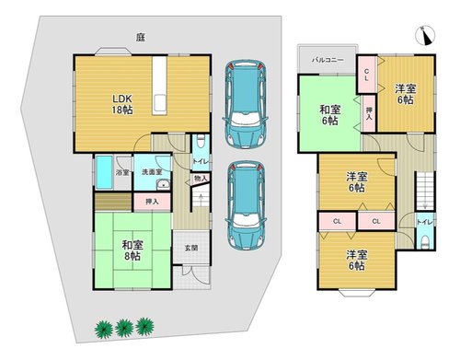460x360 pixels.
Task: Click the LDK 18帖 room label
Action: click(x=122, y=104)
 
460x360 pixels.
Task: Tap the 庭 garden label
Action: click(x=141, y=38)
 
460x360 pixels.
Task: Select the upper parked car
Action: click(x=246, y=104)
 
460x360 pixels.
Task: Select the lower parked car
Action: click(x=246, y=205)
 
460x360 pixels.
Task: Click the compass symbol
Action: click(x=425, y=35)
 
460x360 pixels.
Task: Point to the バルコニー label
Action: click(x=328, y=60)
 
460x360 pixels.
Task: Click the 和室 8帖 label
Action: click(x=132, y=250)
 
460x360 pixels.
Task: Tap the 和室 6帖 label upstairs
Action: click(x=330, y=115)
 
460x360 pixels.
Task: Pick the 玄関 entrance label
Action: click(x=191, y=248)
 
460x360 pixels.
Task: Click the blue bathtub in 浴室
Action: click(x=104, y=172)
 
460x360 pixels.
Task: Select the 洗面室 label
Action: click(x=152, y=172)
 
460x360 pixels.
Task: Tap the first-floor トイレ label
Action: click(x=201, y=161)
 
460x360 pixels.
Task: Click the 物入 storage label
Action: click(x=201, y=178)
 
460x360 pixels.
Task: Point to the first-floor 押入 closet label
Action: click(x=152, y=202)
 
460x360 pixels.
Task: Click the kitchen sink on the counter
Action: click(x=160, y=103)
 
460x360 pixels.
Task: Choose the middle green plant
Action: click(x=124, y=329)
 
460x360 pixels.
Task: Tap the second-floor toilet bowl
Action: click(x=425, y=241)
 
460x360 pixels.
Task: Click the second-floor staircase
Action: click(x=425, y=191)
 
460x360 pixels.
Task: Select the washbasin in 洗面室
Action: click(x=163, y=185)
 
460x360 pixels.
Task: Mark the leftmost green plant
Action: click(x=104, y=330)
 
